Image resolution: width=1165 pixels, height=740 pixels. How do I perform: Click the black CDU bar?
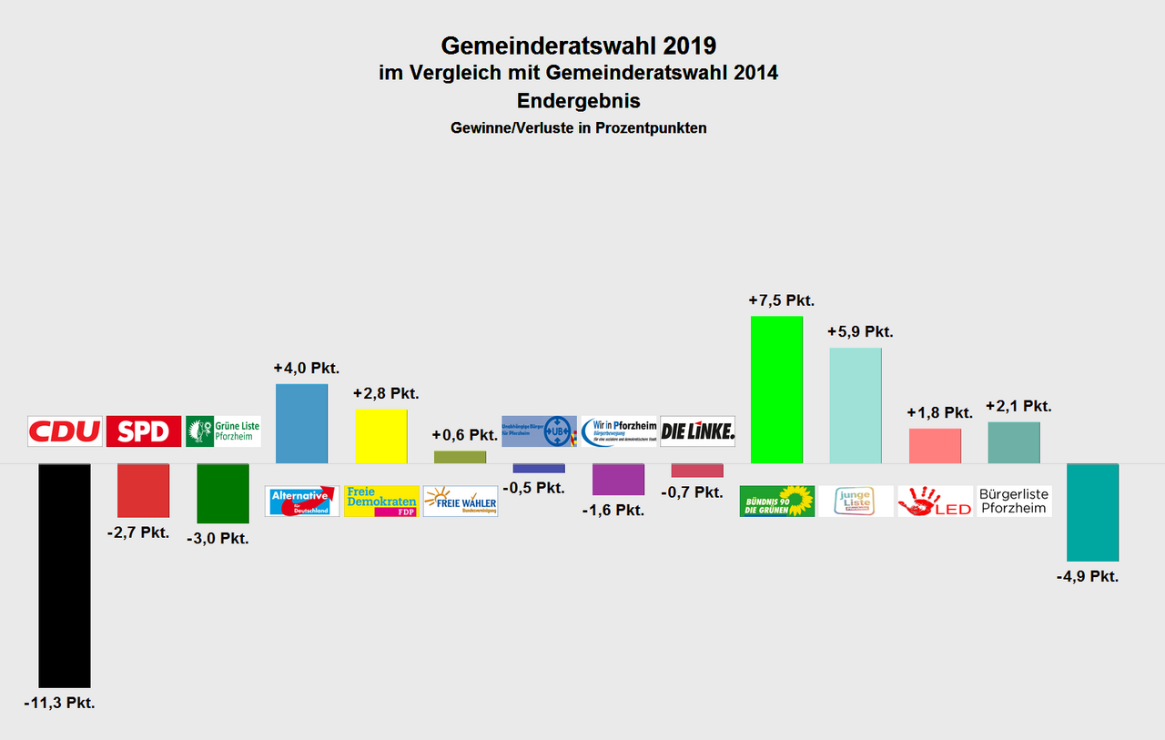64,575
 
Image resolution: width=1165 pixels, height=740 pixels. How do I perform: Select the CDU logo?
65,431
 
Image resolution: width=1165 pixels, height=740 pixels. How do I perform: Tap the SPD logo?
144,431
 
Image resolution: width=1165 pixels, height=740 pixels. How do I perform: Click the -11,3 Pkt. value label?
59,703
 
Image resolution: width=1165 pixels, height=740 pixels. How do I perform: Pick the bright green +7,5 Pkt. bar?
776,390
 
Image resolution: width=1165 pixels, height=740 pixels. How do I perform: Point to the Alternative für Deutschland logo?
302,501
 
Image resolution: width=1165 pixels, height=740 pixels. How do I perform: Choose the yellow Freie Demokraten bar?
380,436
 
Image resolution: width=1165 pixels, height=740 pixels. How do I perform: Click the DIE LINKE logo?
697,431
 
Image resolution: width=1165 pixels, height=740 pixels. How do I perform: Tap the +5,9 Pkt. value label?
860,331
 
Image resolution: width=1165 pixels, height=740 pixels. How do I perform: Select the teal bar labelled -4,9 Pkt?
1092,512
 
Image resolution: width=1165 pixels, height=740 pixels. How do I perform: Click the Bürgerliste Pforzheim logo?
1014,501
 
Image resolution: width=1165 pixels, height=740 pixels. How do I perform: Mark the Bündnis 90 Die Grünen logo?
777,501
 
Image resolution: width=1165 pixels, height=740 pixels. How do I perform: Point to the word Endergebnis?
578,100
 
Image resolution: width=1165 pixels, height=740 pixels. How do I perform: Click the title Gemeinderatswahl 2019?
578,46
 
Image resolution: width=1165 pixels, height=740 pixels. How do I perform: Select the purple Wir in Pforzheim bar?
618,479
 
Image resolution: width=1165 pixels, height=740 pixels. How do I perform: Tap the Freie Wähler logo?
461,501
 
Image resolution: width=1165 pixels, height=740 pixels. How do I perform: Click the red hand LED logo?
935,501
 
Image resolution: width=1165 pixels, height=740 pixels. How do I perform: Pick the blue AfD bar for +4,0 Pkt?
301,423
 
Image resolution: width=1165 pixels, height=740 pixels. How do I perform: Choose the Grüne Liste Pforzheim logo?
223,431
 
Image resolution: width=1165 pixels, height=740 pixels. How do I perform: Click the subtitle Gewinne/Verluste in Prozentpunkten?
578,128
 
